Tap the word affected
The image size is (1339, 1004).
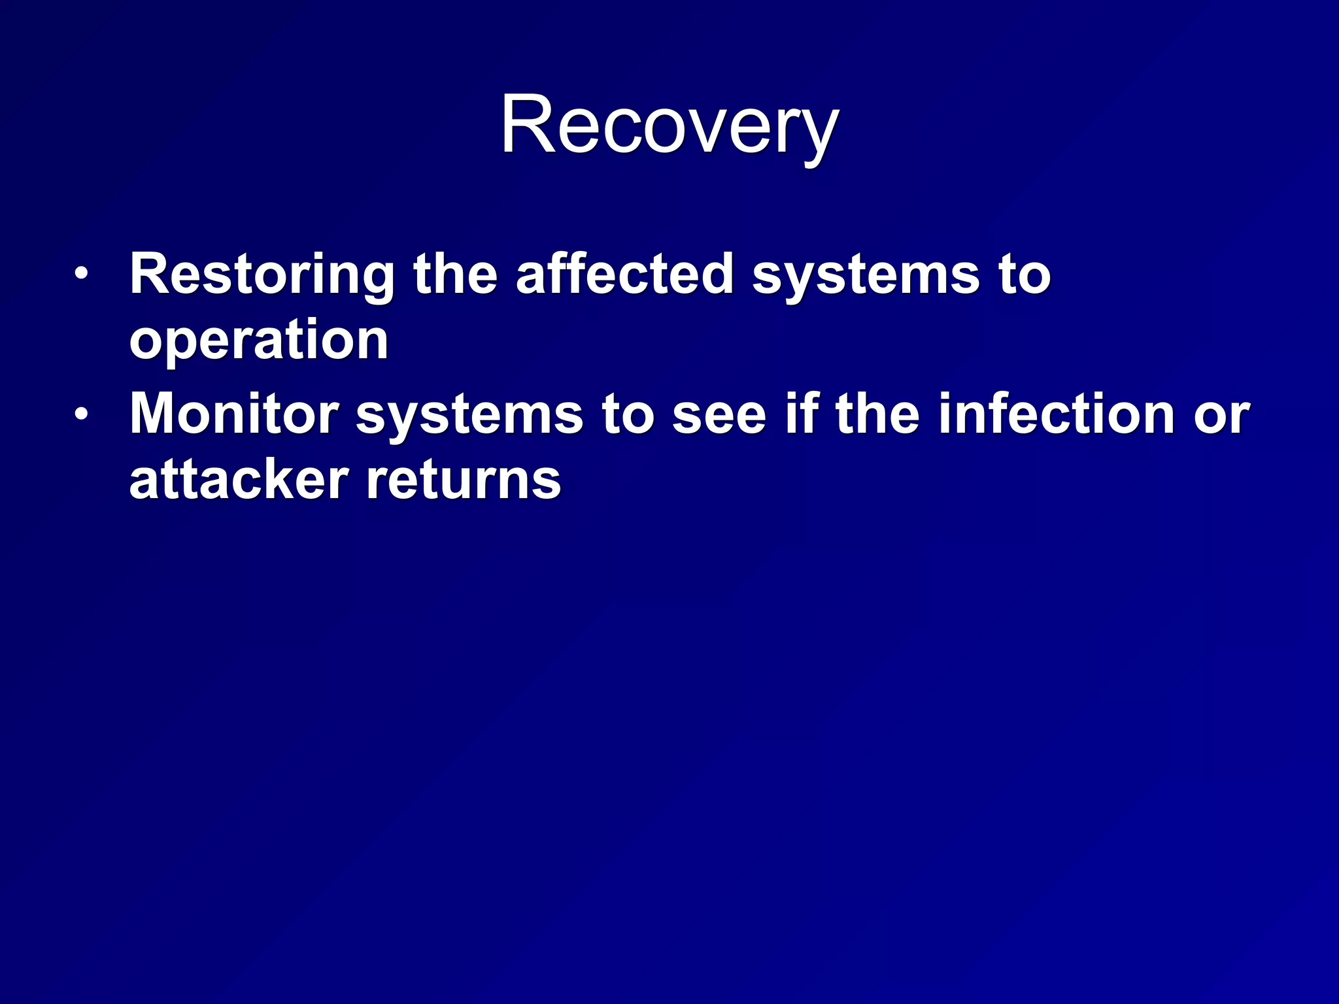(x=624, y=275)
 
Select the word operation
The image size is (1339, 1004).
(x=259, y=341)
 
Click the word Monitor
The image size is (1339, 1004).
(x=234, y=414)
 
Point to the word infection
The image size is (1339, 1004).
(x=1057, y=414)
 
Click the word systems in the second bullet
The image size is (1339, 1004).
(x=469, y=416)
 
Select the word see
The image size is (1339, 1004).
(x=719, y=416)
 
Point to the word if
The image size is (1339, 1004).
(x=802, y=414)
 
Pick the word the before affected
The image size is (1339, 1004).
(x=455, y=275)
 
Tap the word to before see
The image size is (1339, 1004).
(x=628, y=416)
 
